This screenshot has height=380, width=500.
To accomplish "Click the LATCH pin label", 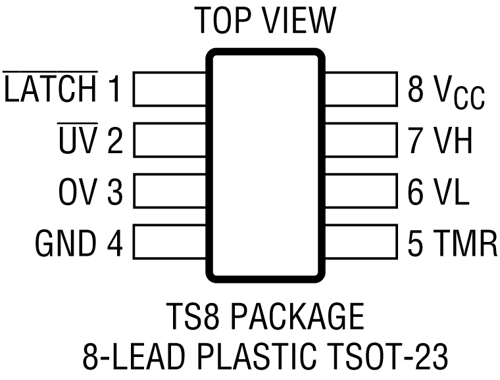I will tap(51, 90).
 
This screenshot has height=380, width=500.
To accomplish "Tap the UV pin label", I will tap(77, 141).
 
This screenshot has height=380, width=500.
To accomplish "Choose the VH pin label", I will tap(452, 141).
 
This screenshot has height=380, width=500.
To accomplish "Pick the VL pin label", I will tap(451, 193).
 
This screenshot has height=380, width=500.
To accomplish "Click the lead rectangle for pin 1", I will tap(171, 89).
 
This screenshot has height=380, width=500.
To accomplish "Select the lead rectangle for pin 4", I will tap(171, 243).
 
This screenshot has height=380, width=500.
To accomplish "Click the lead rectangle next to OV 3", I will tap(171, 192).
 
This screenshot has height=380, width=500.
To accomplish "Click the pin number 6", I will tap(416, 193).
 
